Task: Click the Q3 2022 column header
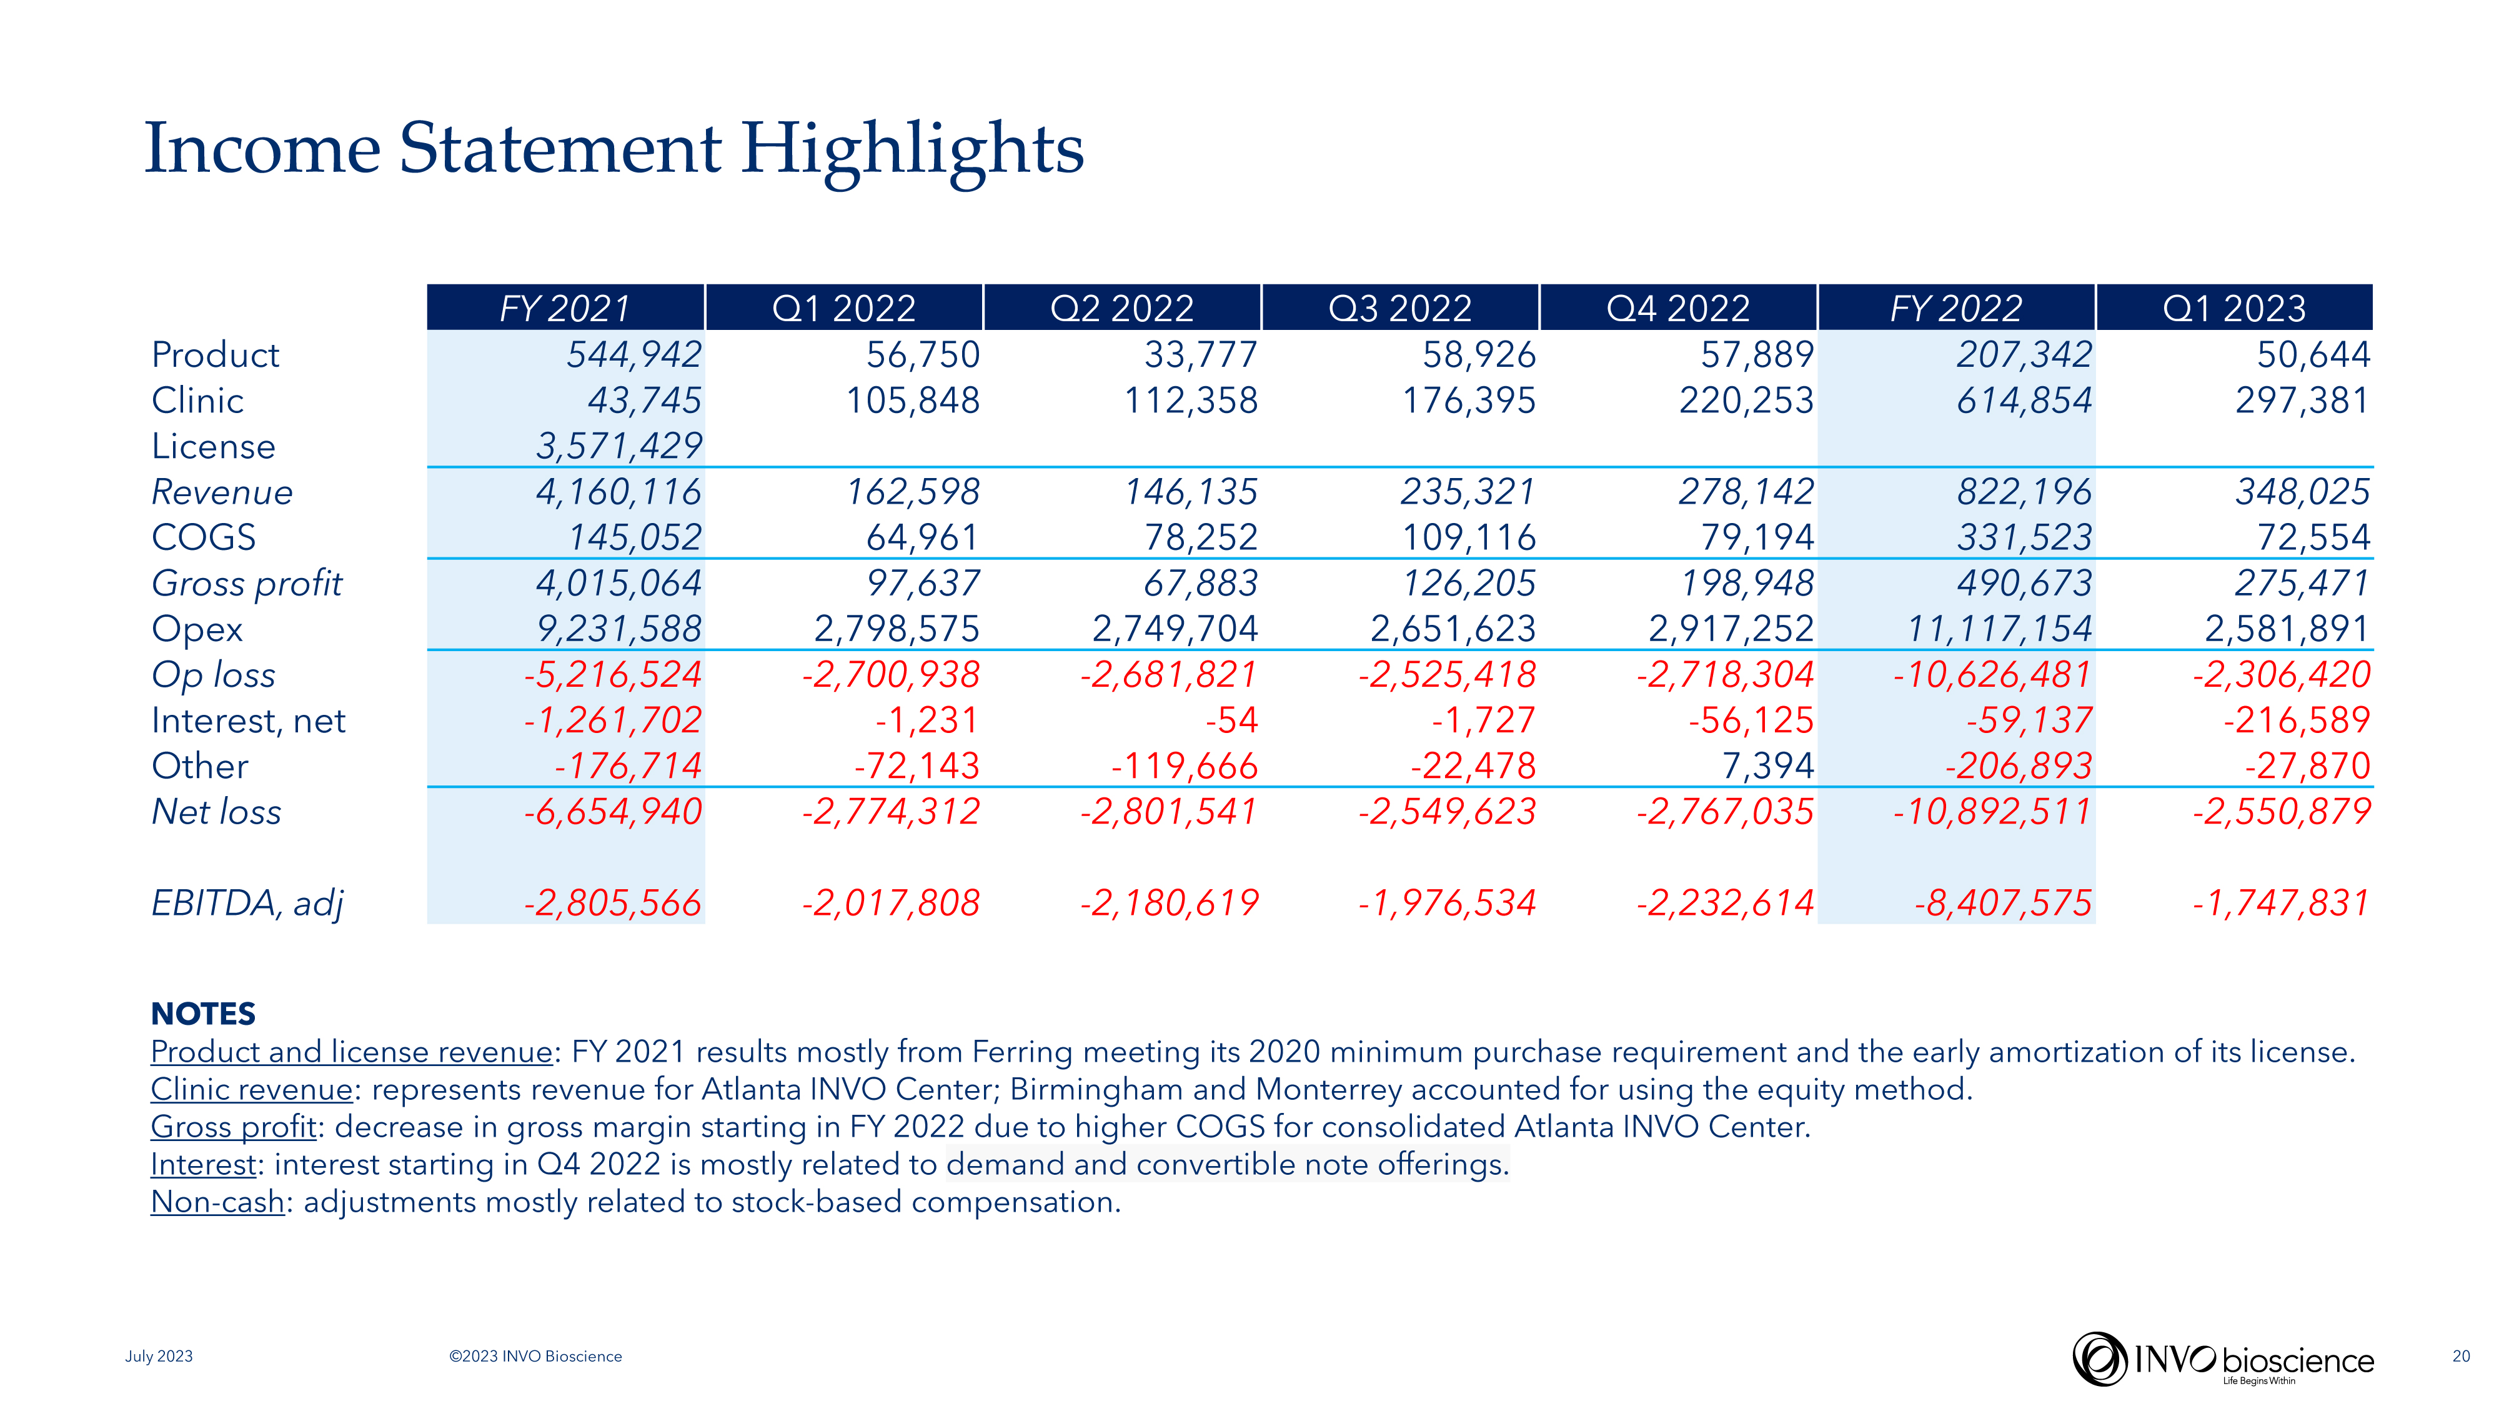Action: click(1400, 309)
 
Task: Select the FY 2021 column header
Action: click(565, 309)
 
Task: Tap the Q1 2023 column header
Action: click(2234, 309)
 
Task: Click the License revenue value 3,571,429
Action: click(619, 446)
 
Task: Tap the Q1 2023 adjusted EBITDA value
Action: click(2281, 904)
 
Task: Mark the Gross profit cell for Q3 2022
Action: click(1469, 583)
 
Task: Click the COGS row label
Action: click(204, 537)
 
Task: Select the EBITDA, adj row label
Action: click(247, 904)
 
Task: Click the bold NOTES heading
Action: click(203, 1014)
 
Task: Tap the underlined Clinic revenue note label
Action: click(251, 1090)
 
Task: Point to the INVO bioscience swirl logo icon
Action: click(2099, 1359)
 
